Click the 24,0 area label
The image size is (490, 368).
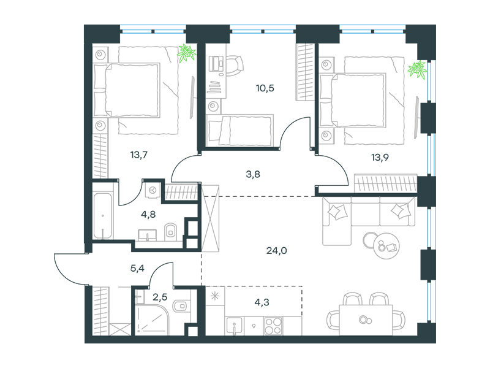pyautogui.click(x=277, y=251)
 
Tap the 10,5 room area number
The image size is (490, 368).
pyautogui.click(x=265, y=88)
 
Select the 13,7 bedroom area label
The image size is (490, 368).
pyautogui.click(x=139, y=155)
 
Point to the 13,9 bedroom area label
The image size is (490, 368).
pyautogui.click(x=380, y=158)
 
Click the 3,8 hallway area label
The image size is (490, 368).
pyautogui.click(x=253, y=174)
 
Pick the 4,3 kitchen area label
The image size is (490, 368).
pyautogui.click(x=262, y=302)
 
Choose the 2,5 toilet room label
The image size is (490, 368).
pyautogui.click(x=160, y=297)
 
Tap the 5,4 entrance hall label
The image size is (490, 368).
pyautogui.click(x=137, y=268)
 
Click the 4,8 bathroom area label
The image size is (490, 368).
pyautogui.click(x=148, y=215)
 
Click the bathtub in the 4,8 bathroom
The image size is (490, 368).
pyautogui.click(x=102, y=216)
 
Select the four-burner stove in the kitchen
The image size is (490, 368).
pyautogui.click(x=273, y=326)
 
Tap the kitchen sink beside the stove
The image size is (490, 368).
pyautogui.click(x=235, y=326)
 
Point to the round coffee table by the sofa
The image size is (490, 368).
pyautogui.click(x=386, y=246)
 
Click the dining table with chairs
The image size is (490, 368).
pyautogui.click(x=366, y=320)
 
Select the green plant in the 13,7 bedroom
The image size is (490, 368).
pyautogui.click(x=187, y=53)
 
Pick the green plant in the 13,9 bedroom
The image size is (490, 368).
pyautogui.click(x=418, y=70)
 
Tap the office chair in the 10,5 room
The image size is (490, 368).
pyautogui.click(x=234, y=65)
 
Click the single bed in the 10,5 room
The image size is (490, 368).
pyautogui.click(x=240, y=130)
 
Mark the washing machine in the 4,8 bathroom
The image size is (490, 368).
pyautogui.click(x=153, y=190)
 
